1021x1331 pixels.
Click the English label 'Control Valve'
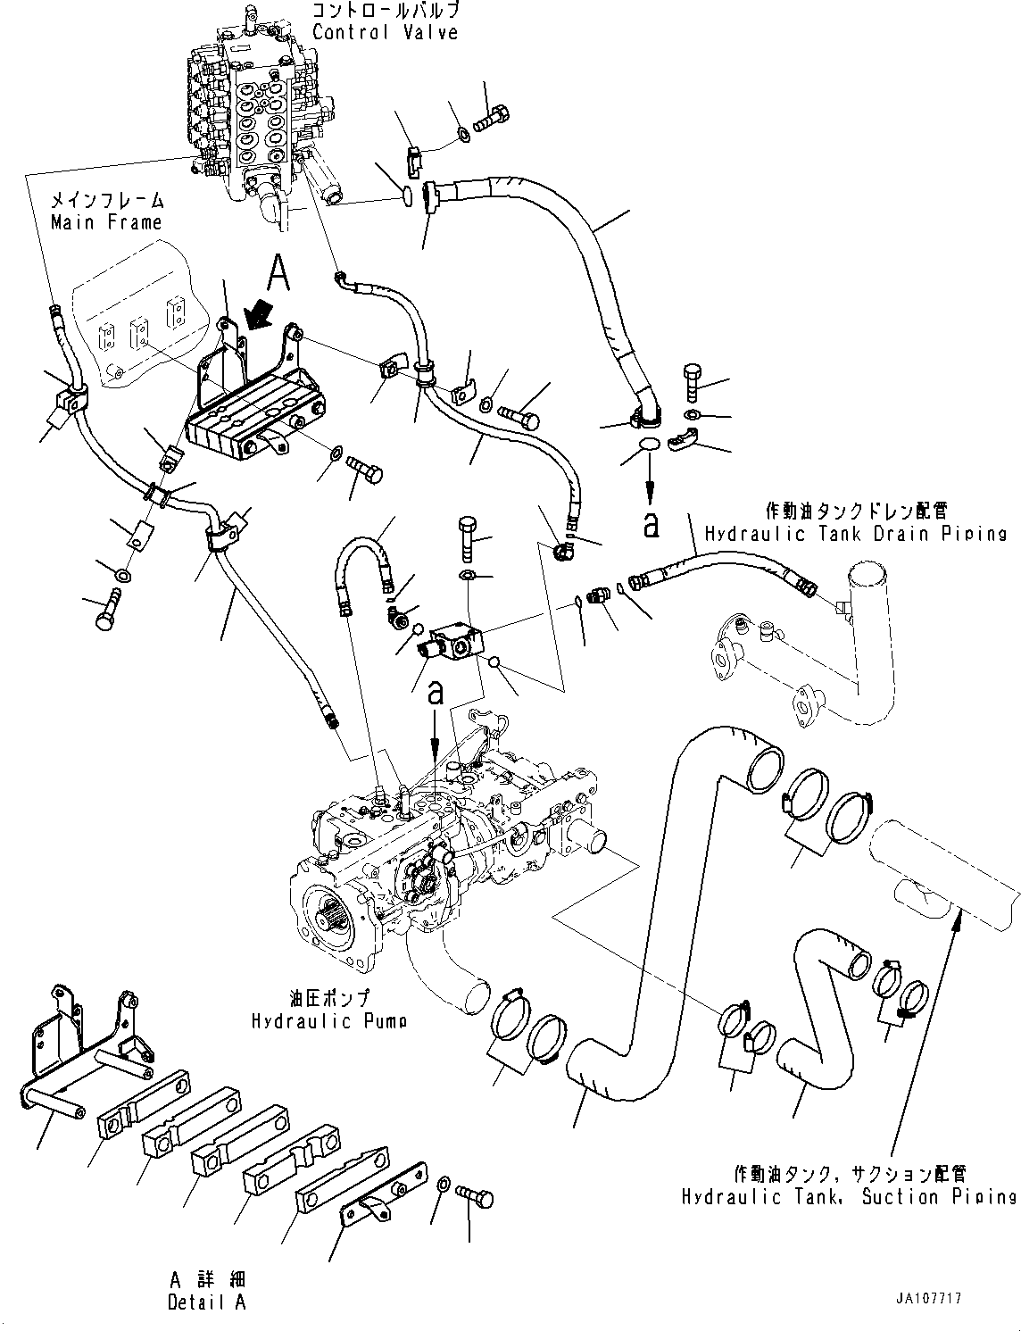pos(385,33)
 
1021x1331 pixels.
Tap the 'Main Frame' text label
pos(106,222)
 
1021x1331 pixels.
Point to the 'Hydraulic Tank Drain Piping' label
pos(855,533)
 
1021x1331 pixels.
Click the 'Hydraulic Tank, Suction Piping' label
pos(848,1197)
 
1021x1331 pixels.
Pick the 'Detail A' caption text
pos(206,1302)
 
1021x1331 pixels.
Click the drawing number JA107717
pos(930,1300)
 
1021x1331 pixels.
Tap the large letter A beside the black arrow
pos(278,272)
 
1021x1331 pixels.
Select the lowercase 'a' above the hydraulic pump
pos(436,693)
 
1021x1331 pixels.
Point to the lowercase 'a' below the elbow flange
pos(652,524)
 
